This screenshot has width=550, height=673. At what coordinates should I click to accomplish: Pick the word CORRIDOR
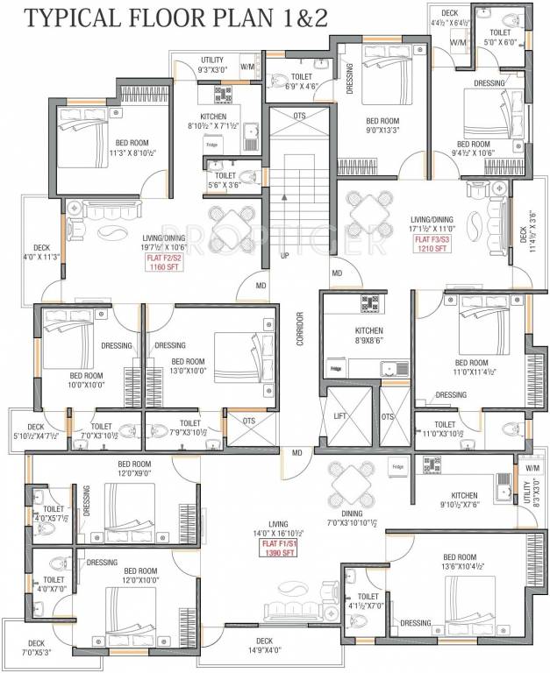(299, 329)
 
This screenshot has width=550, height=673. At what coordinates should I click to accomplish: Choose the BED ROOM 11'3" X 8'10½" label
(133, 147)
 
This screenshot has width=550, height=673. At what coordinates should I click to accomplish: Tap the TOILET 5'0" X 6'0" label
(506, 36)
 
